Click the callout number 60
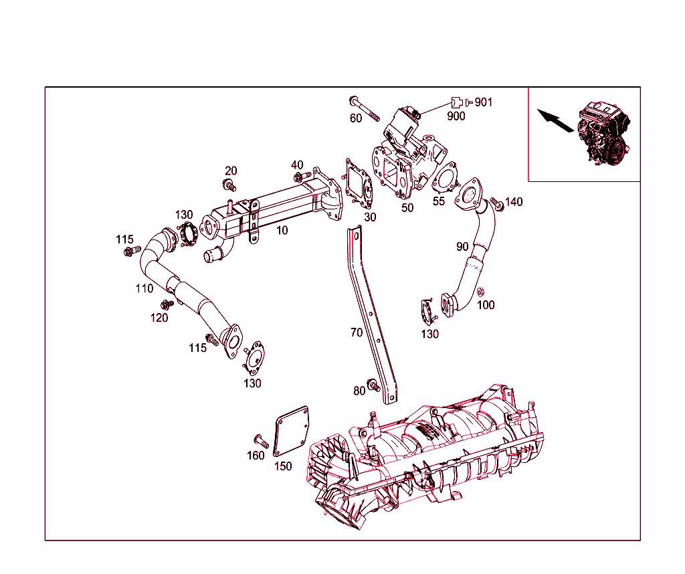pos(356,118)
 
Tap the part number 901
pos(483,102)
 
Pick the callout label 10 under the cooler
pos(282,230)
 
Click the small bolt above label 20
pos(229,185)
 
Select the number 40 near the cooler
pos(297,165)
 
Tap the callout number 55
pos(439,201)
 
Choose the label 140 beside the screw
pos(514,202)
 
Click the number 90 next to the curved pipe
pos(462,247)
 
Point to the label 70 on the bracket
pos(357,332)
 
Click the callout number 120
pos(159,318)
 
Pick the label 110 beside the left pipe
pos(144,289)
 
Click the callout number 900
pos(456,116)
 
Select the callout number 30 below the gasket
pos(370,217)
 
